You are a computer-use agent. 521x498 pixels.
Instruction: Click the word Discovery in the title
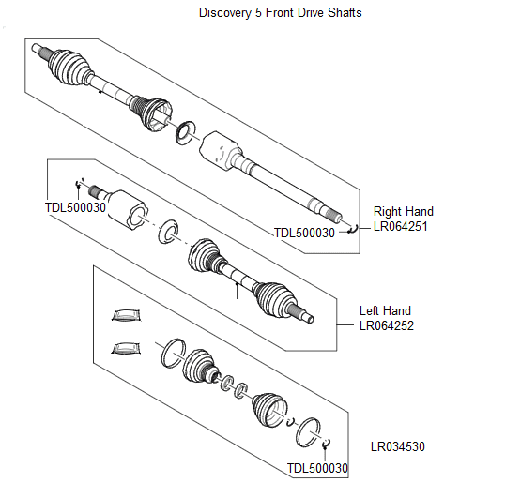(x=222, y=13)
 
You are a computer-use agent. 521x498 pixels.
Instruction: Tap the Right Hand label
(x=404, y=211)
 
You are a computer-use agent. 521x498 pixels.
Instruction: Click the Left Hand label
(x=385, y=310)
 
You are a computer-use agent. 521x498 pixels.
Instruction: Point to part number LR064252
(x=387, y=325)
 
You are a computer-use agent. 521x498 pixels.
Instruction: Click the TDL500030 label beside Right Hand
(x=304, y=233)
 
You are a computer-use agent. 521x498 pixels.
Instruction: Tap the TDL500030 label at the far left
(x=76, y=206)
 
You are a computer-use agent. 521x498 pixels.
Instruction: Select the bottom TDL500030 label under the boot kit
(x=317, y=468)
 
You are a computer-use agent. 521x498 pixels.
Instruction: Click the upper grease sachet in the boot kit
(x=126, y=313)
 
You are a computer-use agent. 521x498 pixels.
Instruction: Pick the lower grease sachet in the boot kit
(x=125, y=349)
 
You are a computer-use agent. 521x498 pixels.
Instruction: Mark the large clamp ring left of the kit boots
(x=171, y=353)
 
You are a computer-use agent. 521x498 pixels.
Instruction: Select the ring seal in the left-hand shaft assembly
(x=170, y=229)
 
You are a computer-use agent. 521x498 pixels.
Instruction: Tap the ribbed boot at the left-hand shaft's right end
(x=274, y=298)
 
